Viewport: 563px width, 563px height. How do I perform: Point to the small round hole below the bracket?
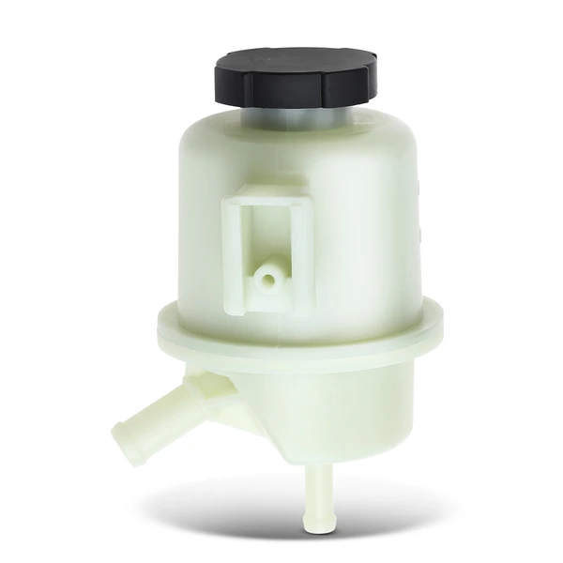[268, 278]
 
